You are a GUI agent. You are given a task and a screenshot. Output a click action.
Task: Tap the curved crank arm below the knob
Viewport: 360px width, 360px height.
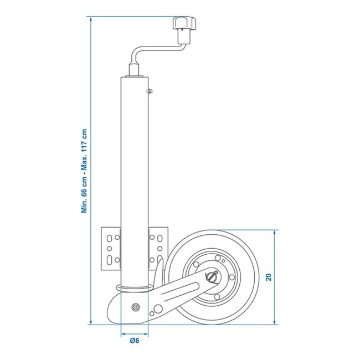tap(145, 53)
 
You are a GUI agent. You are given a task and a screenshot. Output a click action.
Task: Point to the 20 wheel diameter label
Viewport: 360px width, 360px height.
tap(268, 277)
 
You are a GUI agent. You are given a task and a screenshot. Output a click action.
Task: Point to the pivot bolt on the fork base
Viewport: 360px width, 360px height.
tap(135, 307)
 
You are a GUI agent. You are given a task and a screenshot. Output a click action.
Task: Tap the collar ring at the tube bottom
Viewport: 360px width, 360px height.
tap(134, 287)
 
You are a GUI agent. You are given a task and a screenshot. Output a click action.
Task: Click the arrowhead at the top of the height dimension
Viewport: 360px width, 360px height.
tap(91, 19)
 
